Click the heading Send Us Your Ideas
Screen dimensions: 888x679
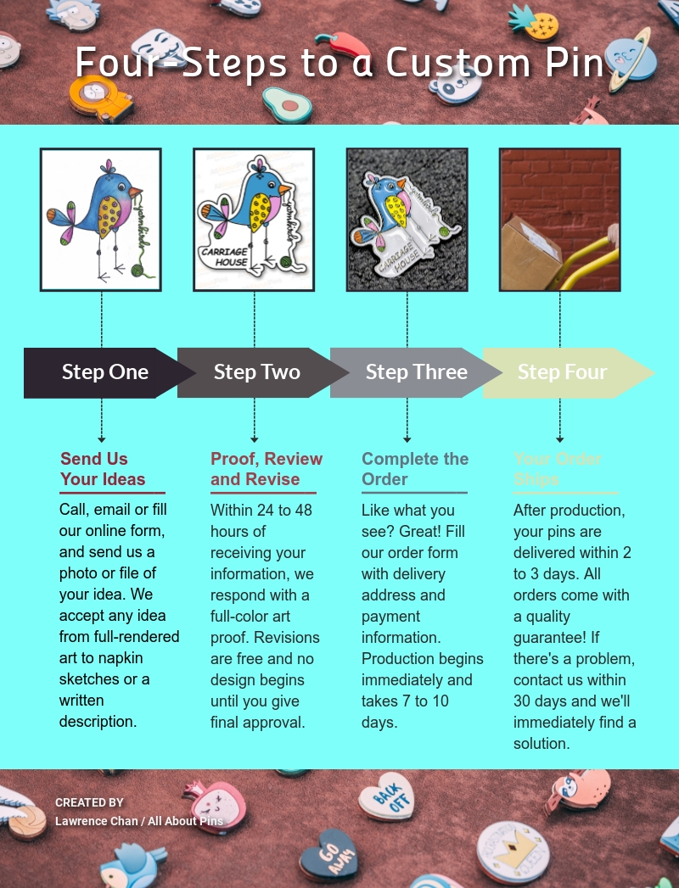coord(103,469)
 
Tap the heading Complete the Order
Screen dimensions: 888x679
coord(414,469)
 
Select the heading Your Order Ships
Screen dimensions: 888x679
coord(558,469)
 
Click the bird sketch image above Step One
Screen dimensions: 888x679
coord(100,220)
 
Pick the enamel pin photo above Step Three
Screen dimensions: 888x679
coord(407,220)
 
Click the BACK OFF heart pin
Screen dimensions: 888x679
coord(386,796)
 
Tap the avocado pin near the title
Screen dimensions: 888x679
coord(287,104)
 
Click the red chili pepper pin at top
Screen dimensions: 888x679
coord(341,42)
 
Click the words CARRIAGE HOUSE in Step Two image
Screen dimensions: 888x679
coord(225,257)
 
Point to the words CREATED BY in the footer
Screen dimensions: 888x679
coord(89,802)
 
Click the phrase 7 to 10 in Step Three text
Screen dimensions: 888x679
coord(421,701)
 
